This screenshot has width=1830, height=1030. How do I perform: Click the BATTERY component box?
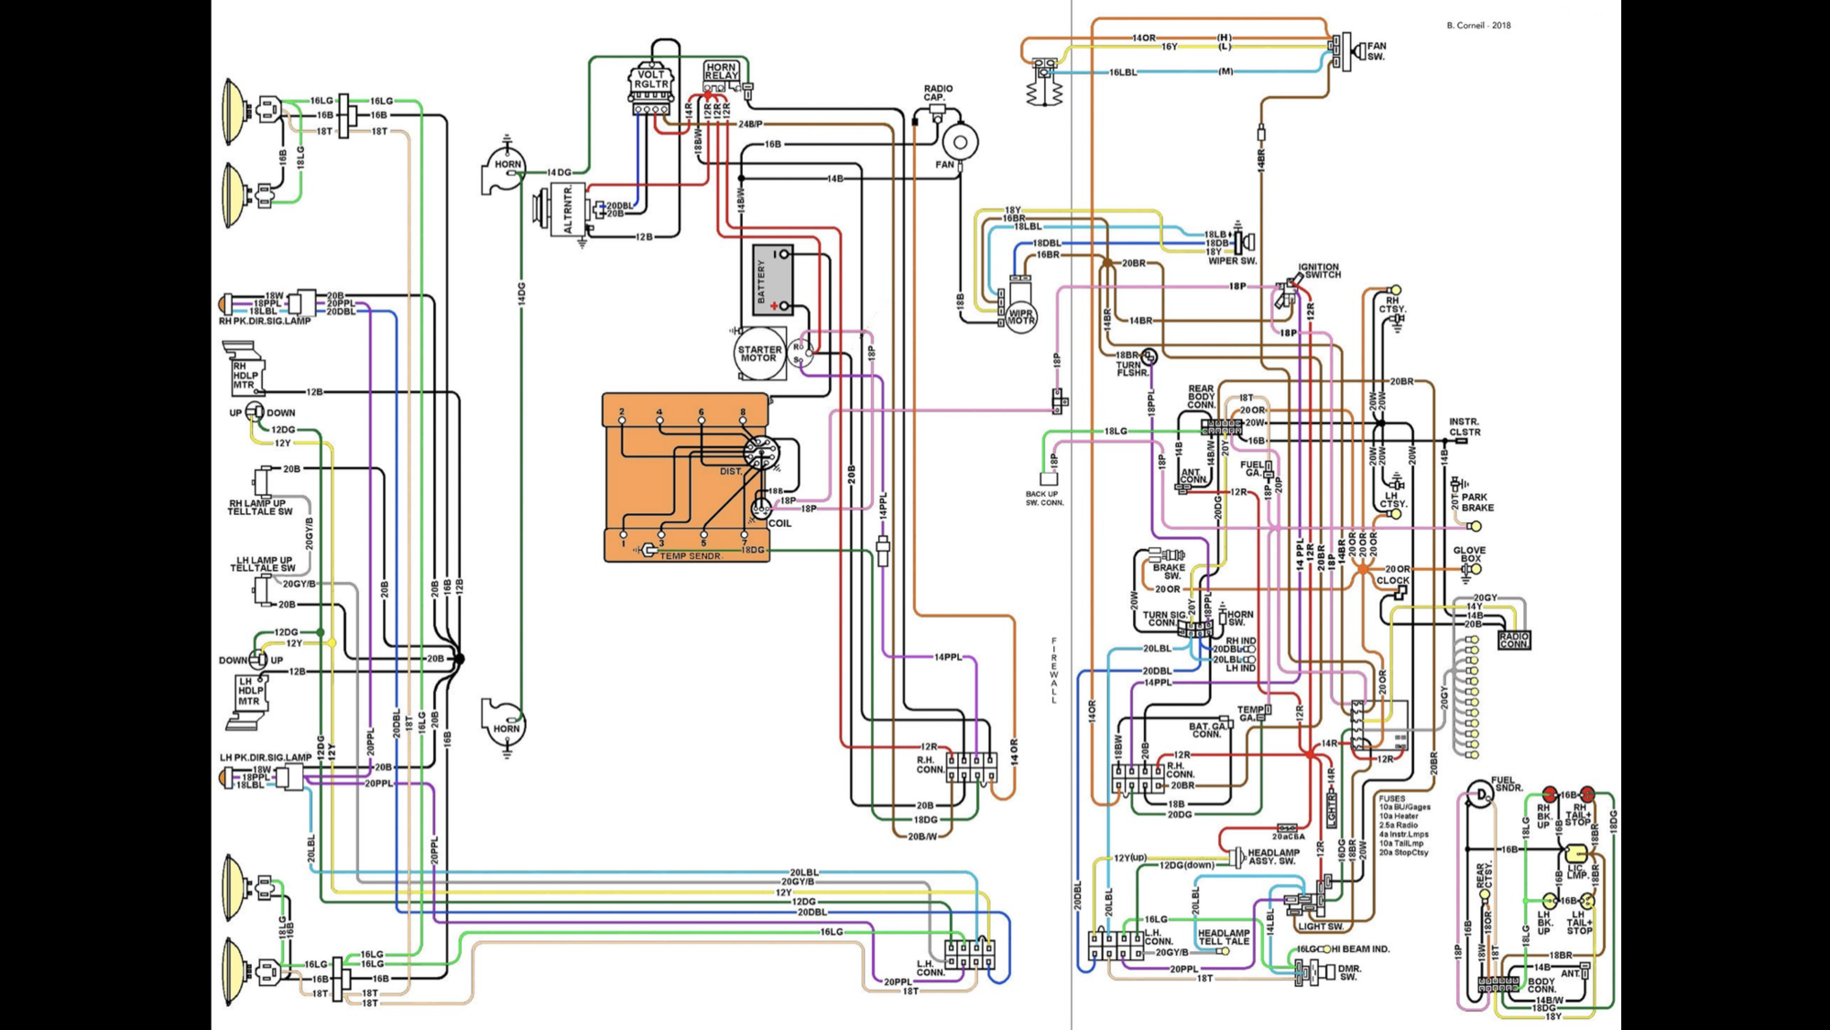[772, 279]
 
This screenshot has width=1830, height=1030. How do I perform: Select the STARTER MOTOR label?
[759, 354]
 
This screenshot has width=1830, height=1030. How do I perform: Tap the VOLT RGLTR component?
[650, 79]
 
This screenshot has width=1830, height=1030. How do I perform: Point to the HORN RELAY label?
[721, 71]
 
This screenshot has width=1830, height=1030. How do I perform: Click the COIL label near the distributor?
[779, 523]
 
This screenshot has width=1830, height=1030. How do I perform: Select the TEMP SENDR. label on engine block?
[691, 556]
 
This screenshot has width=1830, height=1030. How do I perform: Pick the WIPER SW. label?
[1232, 261]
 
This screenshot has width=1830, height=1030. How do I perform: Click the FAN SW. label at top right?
[1376, 50]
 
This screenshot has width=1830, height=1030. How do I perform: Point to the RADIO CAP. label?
[938, 93]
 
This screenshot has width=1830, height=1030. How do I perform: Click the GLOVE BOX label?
[1469, 554]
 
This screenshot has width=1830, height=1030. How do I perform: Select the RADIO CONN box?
[1513, 640]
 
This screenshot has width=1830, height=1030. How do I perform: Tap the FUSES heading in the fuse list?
[1391, 798]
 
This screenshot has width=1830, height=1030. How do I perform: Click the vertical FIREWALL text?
[1053, 670]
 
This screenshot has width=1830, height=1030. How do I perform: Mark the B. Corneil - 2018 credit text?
[1478, 26]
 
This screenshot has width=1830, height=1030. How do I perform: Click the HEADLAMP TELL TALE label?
[1224, 937]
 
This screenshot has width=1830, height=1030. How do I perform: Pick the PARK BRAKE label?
[1476, 502]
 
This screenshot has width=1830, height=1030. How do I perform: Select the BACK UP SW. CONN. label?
[1044, 499]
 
